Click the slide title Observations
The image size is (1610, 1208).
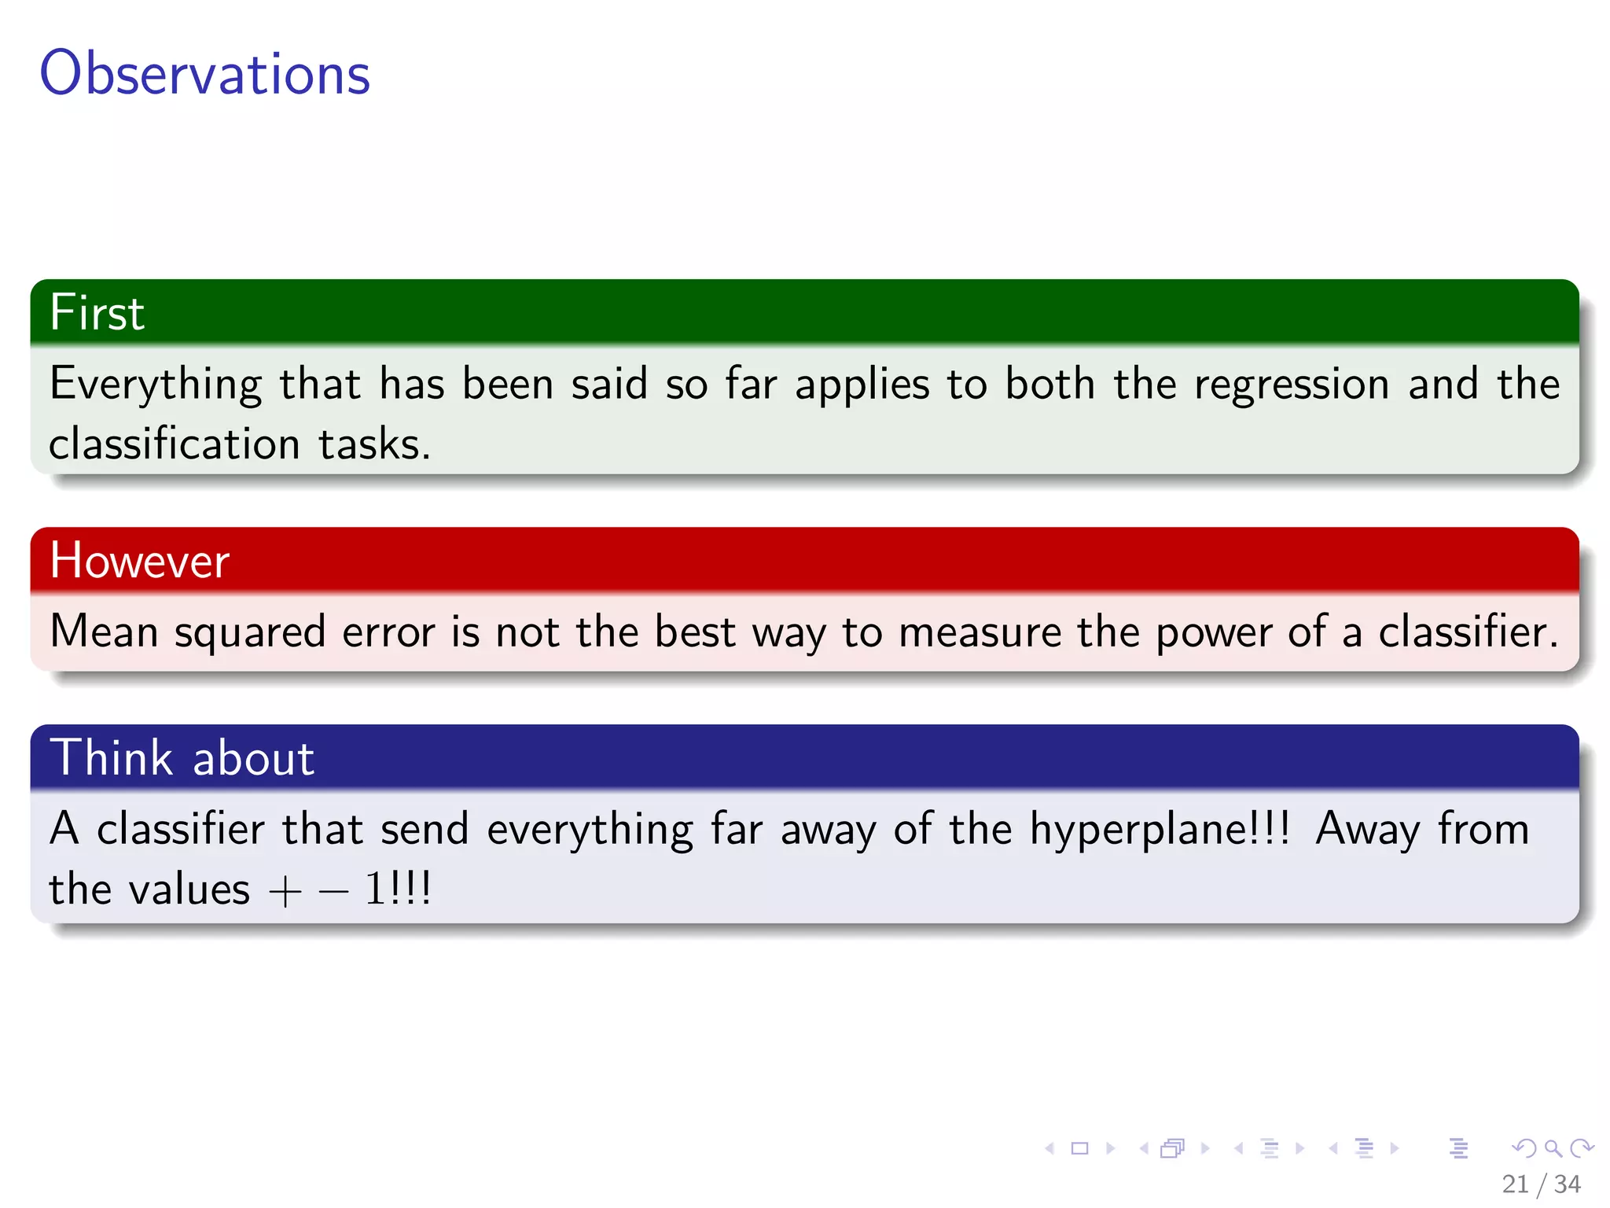(x=204, y=73)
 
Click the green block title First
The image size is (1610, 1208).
(x=97, y=312)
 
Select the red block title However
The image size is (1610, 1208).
(x=139, y=561)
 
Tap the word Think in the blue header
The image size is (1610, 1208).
(x=111, y=758)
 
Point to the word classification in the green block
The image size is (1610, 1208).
(x=174, y=444)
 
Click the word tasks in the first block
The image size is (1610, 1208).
(x=373, y=444)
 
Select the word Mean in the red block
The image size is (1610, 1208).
(x=104, y=632)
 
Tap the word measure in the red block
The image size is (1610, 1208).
(x=980, y=633)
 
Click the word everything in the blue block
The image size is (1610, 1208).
(x=590, y=830)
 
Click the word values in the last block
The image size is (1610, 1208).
(x=189, y=890)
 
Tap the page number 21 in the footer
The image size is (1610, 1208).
(x=1515, y=1184)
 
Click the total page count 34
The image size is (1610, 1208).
(x=1567, y=1184)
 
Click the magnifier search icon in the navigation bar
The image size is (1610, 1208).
(x=1553, y=1148)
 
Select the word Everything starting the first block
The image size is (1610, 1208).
(x=155, y=385)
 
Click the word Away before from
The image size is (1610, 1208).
(x=1367, y=830)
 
